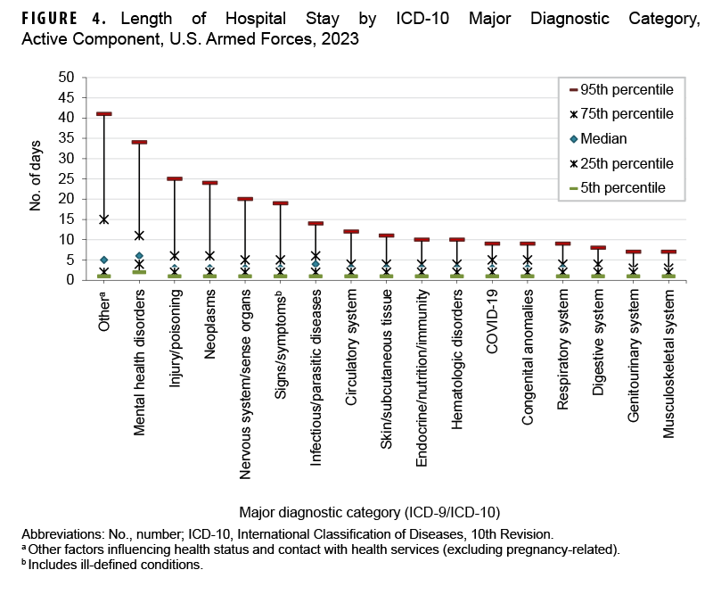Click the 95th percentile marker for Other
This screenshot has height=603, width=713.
104,114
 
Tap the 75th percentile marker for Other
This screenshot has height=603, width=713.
104,219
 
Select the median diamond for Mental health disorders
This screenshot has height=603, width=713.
139,256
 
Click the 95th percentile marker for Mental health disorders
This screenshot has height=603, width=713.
139,143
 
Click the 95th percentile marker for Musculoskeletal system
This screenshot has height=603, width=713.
668,252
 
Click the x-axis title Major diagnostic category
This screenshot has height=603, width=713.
369,512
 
